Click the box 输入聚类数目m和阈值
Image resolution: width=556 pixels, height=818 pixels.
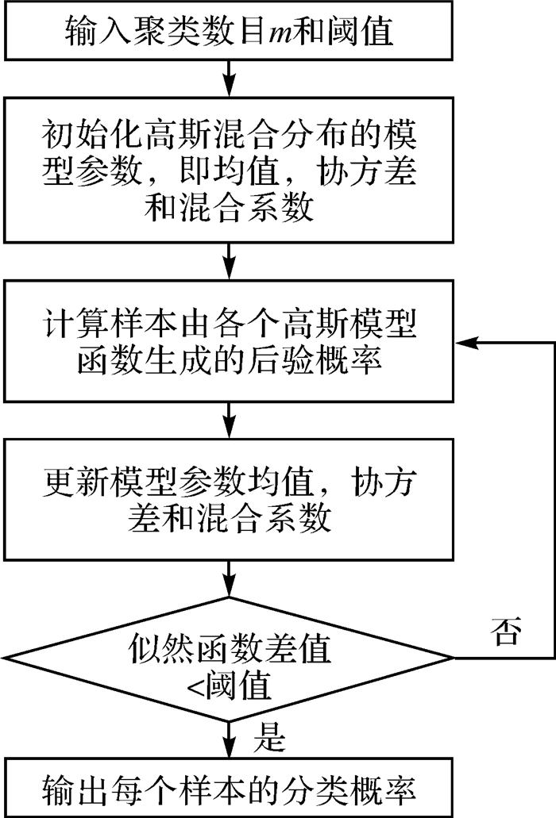[x=229, y=31]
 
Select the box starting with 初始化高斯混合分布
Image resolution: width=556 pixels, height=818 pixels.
[x=229, y=167]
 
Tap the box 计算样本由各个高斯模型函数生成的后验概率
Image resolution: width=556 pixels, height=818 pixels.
[x=229, y=342]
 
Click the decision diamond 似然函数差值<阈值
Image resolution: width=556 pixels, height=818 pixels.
[x=229, y=659]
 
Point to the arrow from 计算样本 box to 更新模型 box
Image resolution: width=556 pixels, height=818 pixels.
[x=229, y=416]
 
